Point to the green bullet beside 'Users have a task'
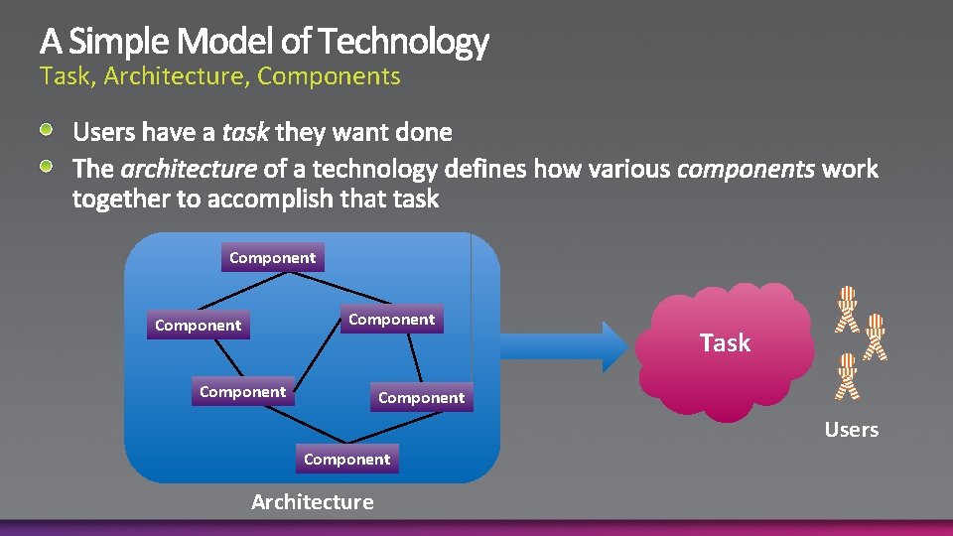click(48, 131)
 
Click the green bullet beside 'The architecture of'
click(48, 165)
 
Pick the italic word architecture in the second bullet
click(189, 169)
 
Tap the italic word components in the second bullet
click(745, 169)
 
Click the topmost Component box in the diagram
click(272, 258)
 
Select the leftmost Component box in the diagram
click(198, 326)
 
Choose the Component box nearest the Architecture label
click(346, 460)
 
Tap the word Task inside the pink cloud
click(725, 343)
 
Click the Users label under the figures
click(851, 430)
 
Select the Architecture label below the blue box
click(313, 502)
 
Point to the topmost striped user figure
click(846, 308)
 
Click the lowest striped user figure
click(846, 375)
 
